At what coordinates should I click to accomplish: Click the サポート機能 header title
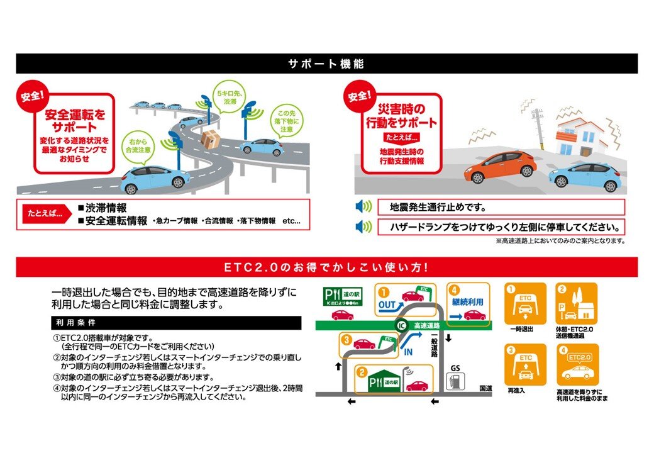click(x=326, y=64)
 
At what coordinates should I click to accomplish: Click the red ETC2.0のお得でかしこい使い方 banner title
click(x=326, y=267)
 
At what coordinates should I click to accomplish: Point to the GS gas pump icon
click(x=452, y=381)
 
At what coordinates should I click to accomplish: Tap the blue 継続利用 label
click(x=468, y=301)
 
